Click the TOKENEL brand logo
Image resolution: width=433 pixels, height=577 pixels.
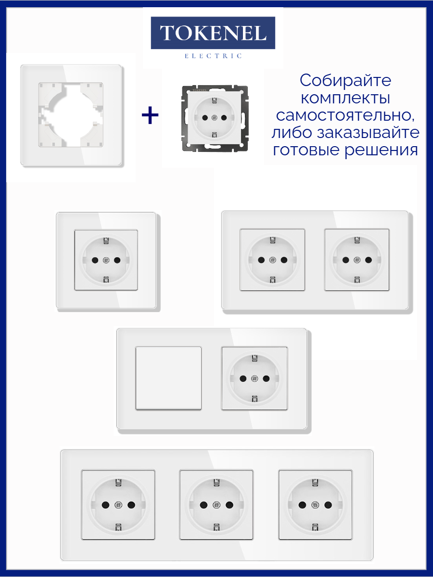coord(213,33)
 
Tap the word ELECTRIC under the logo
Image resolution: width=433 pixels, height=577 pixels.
coord(213,56)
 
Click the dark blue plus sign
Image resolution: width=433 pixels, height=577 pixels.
coord(150,115)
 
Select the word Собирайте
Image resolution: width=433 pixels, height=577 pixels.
coord(345,80)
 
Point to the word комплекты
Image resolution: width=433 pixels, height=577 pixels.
coord(345,98)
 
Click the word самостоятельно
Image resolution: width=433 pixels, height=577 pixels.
coord(345,115)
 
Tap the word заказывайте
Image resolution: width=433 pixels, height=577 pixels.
coord(368,133)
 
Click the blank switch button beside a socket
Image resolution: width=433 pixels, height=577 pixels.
coord(168,378)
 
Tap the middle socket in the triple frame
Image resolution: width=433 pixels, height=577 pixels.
coord(216,505)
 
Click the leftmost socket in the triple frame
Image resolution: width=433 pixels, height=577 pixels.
coord(118,505)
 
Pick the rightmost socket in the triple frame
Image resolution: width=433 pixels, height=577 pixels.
coord(315,505)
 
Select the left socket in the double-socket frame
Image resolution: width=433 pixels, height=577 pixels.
coord(273,260)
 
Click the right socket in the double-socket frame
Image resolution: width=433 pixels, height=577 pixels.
coord(357,260)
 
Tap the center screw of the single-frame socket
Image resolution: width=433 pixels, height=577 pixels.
coord(106,260)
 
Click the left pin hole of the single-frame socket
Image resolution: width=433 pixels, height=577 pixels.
coord(95,260)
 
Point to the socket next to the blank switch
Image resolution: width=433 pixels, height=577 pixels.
coord(255,378)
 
